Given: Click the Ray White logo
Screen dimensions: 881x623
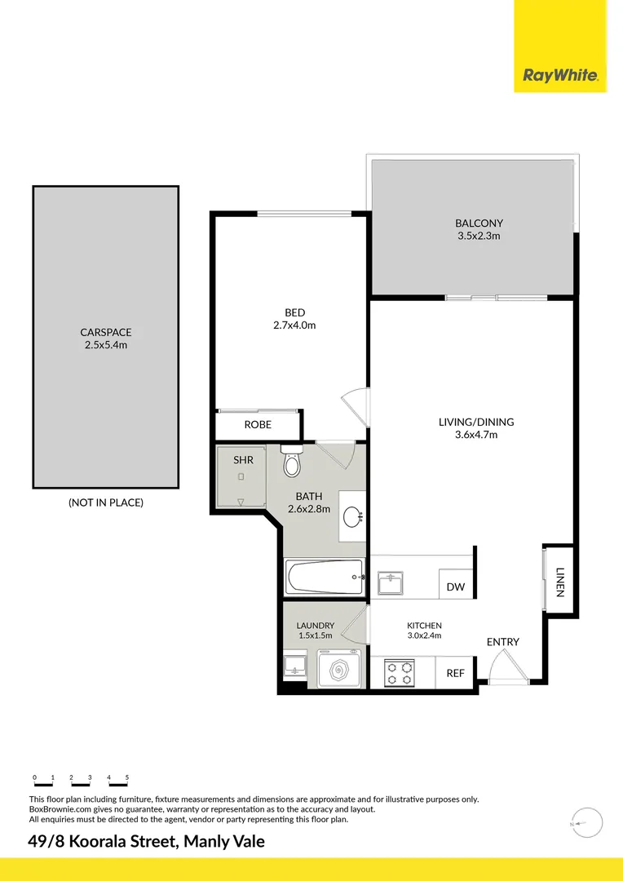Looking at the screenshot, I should (x=560, y=76).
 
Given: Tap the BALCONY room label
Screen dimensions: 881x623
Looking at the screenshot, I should (x=479, y=223).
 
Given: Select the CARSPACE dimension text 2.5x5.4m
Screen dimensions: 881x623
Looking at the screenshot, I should (x=106, y=345).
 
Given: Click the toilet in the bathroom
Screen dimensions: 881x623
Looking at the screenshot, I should (x=291, y=463).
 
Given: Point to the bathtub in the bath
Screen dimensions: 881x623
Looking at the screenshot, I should (x=324, y=577).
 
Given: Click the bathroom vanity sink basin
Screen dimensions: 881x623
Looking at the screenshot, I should (x=353, y=516).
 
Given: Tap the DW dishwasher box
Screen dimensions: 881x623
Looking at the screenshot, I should (x=455, y=587).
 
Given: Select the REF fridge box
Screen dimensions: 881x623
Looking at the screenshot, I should (x=455, y=673).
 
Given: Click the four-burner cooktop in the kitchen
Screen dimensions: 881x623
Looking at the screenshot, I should (x=400, y=673).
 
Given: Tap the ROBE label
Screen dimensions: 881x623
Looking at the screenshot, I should (x=258, y=425).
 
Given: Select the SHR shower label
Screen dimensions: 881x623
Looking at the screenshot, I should (x=243, y=460).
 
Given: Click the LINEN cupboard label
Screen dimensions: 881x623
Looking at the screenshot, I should (x=559, y=582).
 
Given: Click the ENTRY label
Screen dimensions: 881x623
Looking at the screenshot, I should (x=502, y=642).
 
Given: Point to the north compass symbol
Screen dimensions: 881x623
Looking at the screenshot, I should (x=585, y=825).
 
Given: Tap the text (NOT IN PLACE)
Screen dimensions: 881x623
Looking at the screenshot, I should (x=106, y=502).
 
